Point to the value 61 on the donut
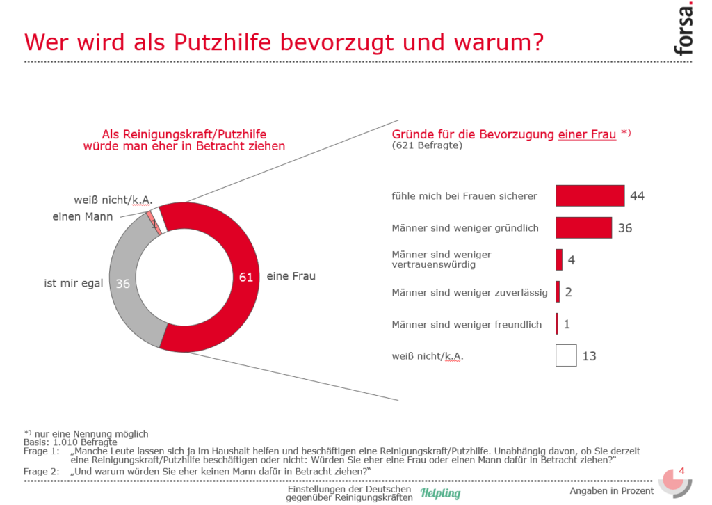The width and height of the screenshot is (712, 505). [245, 277]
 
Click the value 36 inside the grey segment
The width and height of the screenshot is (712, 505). [123, 284]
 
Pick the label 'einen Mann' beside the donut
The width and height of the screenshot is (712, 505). [83, 217]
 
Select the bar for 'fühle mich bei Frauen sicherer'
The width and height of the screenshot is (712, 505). [590, 195]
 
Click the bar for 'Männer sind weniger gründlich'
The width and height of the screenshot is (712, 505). [583, 227]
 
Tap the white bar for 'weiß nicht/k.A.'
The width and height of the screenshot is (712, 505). [566, 355]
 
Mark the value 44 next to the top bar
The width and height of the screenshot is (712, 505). [637, 196]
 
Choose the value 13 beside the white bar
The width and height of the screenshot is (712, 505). [589, 356]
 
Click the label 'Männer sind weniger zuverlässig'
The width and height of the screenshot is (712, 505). [469, 293]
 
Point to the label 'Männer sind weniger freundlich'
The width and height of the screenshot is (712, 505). [467, 325]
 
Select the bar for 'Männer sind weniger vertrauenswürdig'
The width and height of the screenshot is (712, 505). [559, 259]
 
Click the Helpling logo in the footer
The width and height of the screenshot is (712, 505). [440, 493]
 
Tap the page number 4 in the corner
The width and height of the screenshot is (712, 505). [681, 471]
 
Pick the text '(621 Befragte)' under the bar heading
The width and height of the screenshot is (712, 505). [427, 145]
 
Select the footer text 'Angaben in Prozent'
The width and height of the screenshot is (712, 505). [611, 491]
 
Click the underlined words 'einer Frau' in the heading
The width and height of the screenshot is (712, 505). [587, 134]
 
